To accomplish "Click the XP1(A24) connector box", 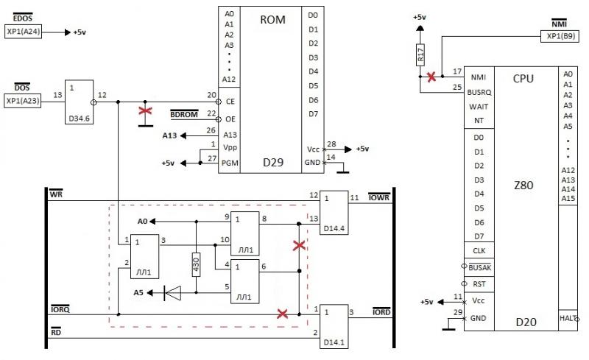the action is point(23,32).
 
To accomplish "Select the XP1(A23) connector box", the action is point(23,101).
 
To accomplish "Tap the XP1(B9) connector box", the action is point(560,36).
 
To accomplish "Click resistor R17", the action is point(420,55).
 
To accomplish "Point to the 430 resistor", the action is point(196,264).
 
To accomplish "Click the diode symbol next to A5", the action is point(172,293).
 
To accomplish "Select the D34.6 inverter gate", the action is point(80,102).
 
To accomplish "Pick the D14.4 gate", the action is point(334,213).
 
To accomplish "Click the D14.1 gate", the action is point(334,327).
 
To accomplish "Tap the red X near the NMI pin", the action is point(431,77).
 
